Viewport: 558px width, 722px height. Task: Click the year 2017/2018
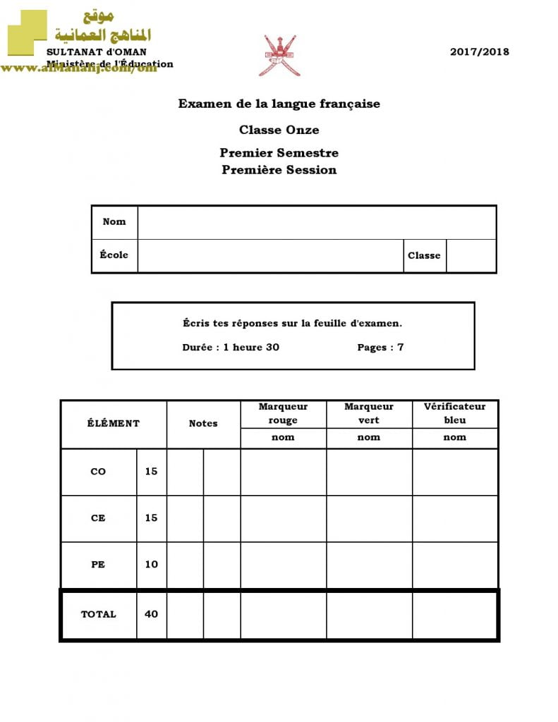(x=479, y=51)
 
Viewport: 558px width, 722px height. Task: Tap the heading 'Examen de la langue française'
(x=279, y=104)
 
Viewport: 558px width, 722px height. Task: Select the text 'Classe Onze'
(x=279, y=130)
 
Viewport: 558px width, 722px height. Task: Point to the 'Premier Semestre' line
(x=279, y=153)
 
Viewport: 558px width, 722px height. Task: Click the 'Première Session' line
(x=279, y=170)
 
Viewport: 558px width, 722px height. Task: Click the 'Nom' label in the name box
(x=114, y=221)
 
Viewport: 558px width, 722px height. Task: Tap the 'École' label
(x=114, y=255)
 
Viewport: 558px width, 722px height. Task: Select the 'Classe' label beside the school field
(x=424, y=256)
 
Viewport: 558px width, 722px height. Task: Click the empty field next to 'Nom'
(x=317, y=222)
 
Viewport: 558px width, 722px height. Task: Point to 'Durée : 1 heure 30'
(x=231, y=347)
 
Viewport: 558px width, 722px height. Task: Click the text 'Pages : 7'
(x=380, y=347)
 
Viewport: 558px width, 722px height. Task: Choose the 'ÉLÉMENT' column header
(x=114, y=424)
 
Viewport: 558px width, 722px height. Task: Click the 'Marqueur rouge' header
(x=283, y=413)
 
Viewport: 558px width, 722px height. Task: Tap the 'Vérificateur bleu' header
(x=455, y=413)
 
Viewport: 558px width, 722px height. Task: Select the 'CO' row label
(x=98, y=472)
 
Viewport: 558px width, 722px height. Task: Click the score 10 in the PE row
(x=152, y=564)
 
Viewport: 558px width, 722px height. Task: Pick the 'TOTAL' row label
(x=98, y=614)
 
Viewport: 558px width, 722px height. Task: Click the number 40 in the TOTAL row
(x=152, y=614)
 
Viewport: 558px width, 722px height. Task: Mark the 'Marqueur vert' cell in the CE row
(x=369, y=518)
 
